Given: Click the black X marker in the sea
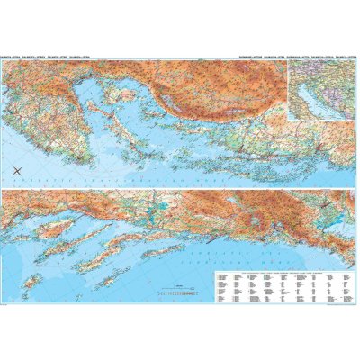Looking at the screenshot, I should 19,172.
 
